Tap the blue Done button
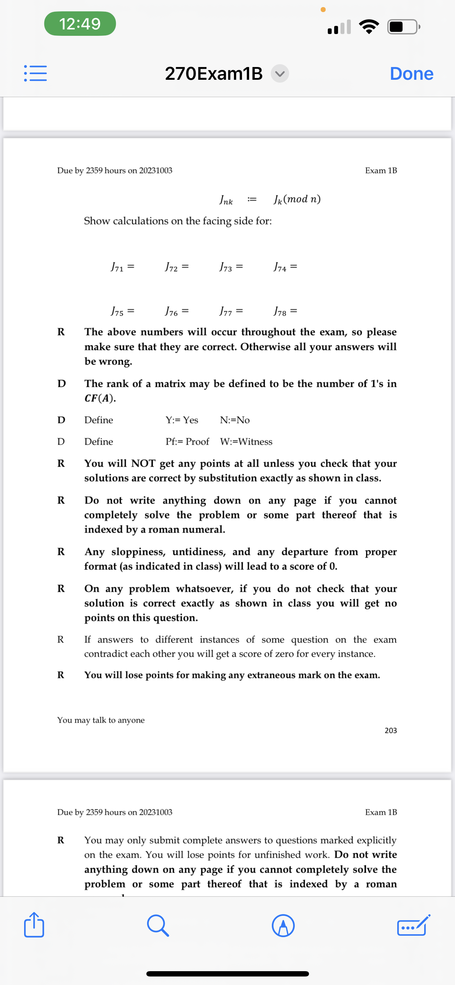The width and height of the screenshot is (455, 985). point(411,73)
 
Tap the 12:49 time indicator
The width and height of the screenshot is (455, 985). point(80,24)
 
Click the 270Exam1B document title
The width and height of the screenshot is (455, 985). point(214,73)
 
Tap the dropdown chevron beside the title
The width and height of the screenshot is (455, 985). point(280,73)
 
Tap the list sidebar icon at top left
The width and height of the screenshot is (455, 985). point(35,73)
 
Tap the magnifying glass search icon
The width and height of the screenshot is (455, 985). point(158,925)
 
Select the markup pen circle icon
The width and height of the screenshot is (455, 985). point(283,925)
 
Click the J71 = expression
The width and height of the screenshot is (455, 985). point(122,267)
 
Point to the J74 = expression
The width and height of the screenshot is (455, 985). point(285,267)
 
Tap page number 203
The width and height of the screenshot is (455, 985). point(391,730)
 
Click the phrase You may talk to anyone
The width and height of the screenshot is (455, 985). point(101,720)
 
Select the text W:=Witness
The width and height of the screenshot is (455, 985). point(246,442)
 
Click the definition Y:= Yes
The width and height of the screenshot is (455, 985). point(182,420)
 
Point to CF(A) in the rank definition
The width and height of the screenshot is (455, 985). point(100,398)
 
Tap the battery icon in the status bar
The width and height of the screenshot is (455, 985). point(403,27)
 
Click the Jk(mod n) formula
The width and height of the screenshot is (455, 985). point(297,199)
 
